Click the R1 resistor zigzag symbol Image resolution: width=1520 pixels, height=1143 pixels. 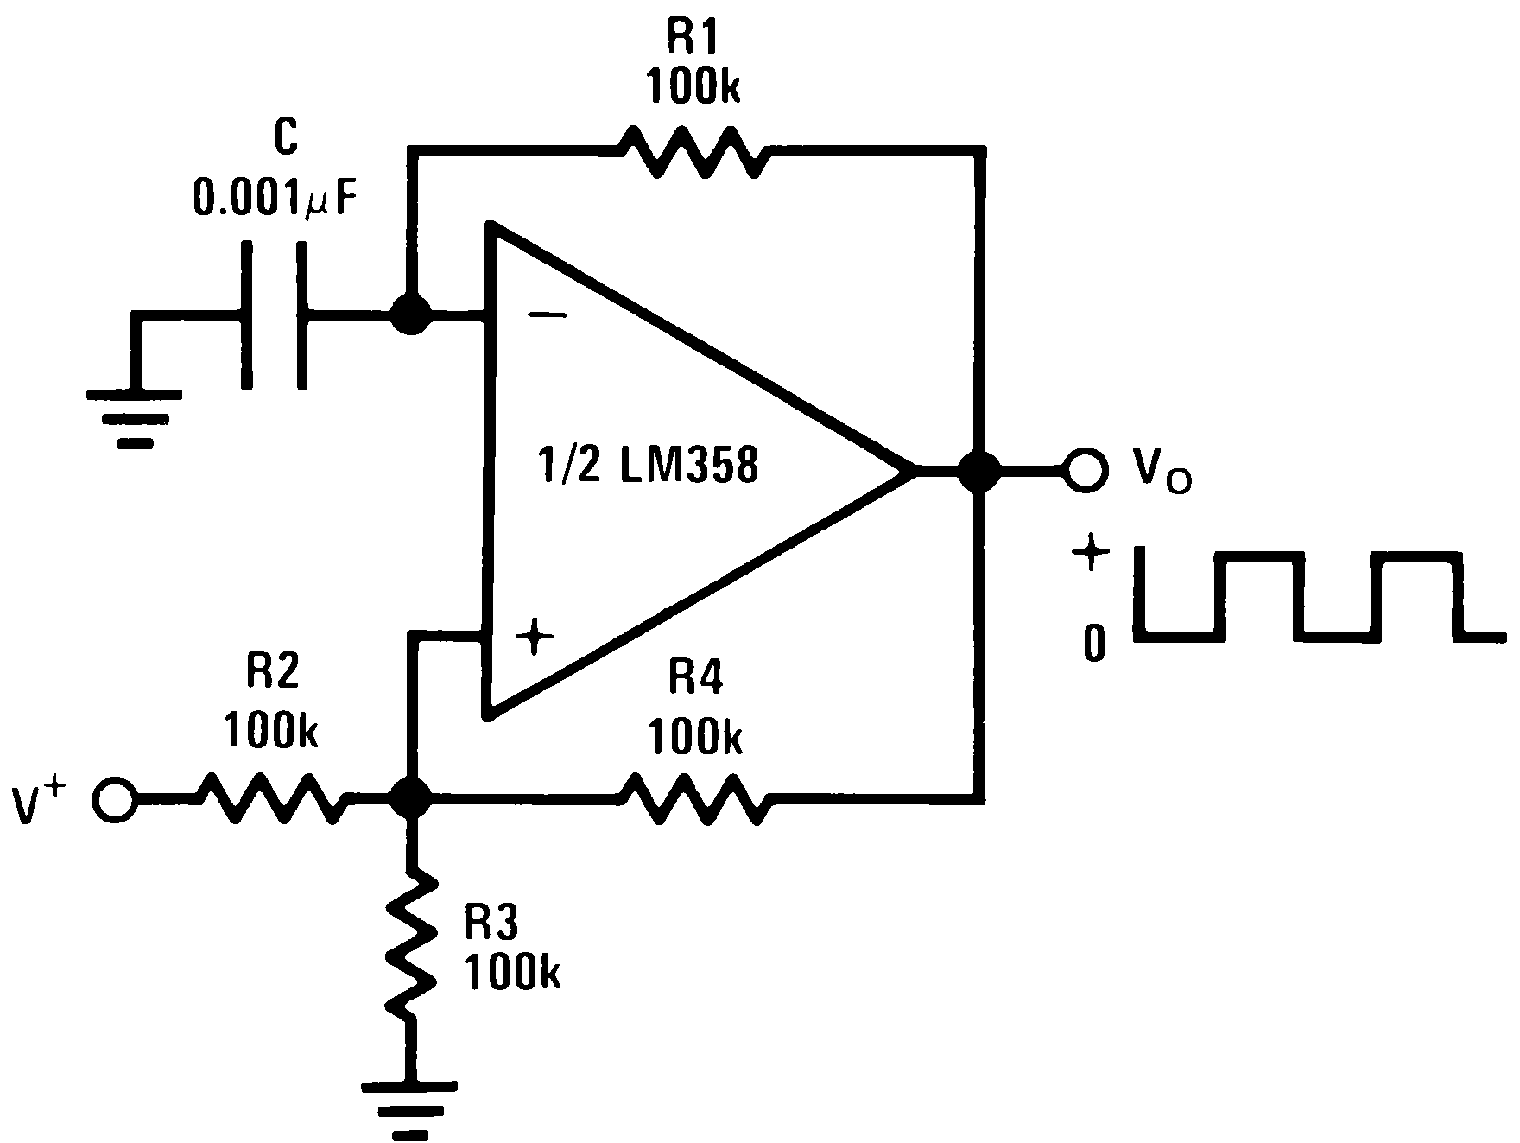coord(692,153)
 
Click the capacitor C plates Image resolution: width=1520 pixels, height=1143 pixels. coord(275,314)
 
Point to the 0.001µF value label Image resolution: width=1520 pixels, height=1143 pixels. coord(274,199)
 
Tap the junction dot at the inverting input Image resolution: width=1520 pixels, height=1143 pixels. coord(411,314)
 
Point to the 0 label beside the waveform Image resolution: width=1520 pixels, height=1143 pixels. coord(1094,643)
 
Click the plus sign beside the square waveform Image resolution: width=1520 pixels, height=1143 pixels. coord(1090,554)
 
